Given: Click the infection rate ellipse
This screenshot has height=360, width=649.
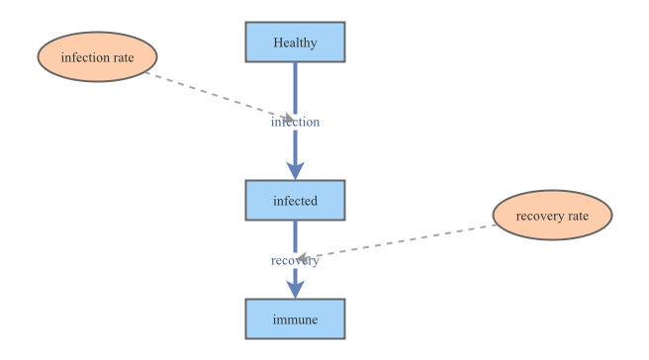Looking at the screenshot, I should pos(97,57).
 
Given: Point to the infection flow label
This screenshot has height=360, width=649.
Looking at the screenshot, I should pos(295,123).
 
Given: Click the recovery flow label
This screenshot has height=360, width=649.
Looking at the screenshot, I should pos(295,260).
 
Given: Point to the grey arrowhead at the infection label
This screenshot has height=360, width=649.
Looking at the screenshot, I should pos(287,119).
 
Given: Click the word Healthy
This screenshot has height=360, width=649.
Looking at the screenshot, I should pos(295,42).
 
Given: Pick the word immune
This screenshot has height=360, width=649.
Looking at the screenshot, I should pos(295,320).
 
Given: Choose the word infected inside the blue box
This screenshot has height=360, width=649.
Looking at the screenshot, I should pos(295,201).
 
